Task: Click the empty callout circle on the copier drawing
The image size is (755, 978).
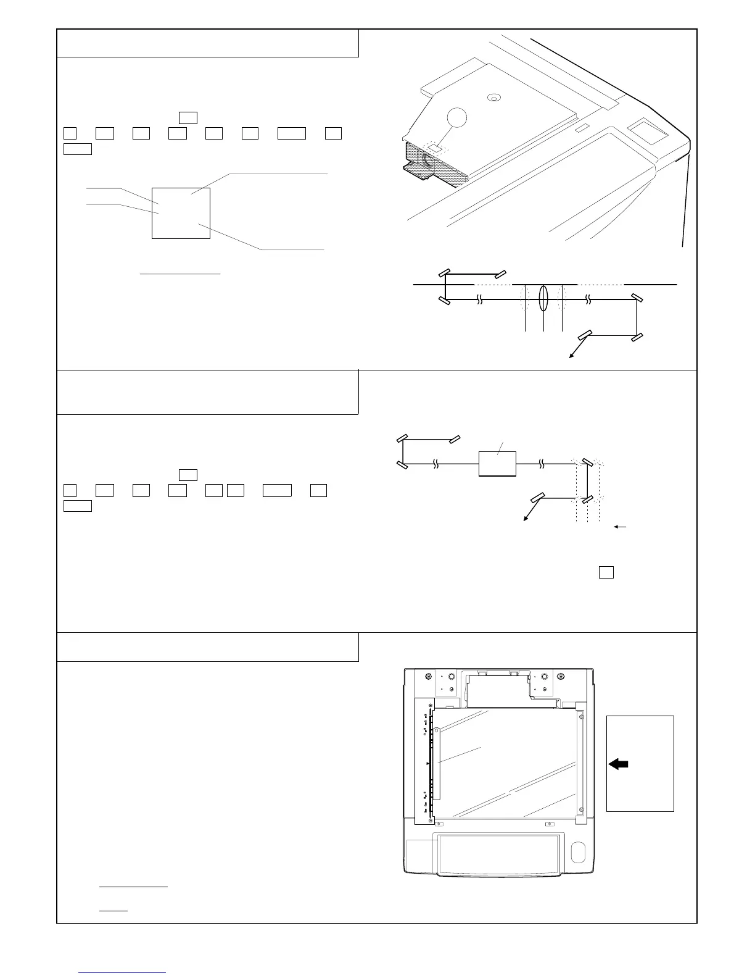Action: point(456,117)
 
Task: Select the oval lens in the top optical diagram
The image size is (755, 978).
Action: point(543,299)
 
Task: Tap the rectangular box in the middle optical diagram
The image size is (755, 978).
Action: point(497,463)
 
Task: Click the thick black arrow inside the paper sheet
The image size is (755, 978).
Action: point(618,764)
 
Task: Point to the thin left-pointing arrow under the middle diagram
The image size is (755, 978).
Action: point(621,527)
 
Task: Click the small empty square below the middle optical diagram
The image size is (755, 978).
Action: point(606,572)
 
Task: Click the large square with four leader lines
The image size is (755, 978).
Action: point(181,213)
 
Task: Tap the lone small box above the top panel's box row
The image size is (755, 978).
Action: point(188,118)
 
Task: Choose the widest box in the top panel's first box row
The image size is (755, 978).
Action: point(292,133)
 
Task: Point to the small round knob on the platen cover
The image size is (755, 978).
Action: point(492,98)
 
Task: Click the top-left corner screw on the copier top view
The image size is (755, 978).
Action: point(429,676)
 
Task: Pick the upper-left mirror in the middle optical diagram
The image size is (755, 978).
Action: point(401,439)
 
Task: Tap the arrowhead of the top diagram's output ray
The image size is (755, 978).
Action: point(570,357)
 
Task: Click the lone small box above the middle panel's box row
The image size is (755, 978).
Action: point(188,475)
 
